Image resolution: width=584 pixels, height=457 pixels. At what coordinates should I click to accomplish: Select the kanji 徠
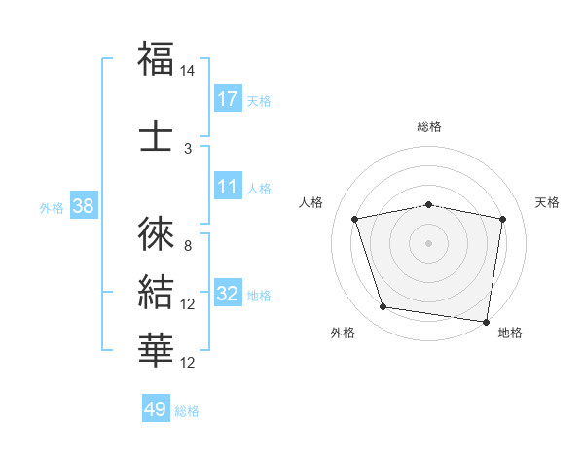tap(157, 232)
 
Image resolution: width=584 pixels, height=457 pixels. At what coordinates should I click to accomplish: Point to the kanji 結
tap(157, 292)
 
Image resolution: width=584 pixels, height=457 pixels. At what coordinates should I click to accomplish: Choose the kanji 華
tap(157, 349)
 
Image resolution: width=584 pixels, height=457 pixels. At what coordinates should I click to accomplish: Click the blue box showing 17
tap(228, 99)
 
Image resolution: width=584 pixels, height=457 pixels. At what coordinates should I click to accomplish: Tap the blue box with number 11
tap(228, 188)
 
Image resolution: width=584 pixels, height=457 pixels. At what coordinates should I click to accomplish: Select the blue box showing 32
tap(228, 295)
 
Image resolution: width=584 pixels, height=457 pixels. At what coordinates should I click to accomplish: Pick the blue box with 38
tap(83, 207)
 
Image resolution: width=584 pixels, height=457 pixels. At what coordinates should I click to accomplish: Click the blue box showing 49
tap(156, 409)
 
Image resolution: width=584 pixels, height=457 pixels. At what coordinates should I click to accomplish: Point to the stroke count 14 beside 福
tap(188, 72)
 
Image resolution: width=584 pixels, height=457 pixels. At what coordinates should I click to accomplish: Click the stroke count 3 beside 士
tap(188, 150)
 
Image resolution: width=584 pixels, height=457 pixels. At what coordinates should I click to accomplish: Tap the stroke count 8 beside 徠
tap(188, 246)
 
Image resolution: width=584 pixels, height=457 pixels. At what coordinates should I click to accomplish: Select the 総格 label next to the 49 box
tap(187, 411)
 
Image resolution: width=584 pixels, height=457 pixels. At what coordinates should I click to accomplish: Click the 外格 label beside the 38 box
tap(52, 208)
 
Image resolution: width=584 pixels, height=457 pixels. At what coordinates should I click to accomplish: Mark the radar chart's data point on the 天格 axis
tap(503, 219)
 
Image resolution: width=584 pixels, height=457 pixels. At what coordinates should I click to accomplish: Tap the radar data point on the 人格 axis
tap(355, 219)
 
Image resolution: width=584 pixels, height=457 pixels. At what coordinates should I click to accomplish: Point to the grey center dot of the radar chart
tap(429, 242)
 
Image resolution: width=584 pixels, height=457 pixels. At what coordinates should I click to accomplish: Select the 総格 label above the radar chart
tap(429, 126)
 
